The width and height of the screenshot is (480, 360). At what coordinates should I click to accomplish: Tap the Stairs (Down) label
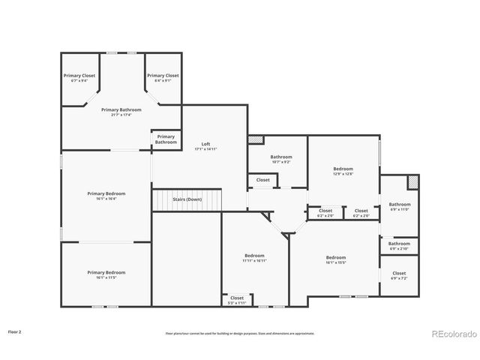(187, 199)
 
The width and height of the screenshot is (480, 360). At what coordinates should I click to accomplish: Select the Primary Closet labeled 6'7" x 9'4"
(79, 76)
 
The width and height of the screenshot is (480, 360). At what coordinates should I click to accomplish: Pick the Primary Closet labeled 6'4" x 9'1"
(163, 76)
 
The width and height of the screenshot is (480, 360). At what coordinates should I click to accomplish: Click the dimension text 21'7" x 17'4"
(121, 115)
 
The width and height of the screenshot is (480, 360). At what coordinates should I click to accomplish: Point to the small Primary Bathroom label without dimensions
(166, 139)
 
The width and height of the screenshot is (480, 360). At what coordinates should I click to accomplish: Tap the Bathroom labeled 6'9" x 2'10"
(399, 244)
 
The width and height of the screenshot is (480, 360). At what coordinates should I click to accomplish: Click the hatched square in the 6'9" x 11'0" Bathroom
(412, 182)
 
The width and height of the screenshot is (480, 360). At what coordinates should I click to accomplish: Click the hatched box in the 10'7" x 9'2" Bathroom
(256, 139)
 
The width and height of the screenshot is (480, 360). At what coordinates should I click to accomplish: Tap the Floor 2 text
(15, 331)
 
